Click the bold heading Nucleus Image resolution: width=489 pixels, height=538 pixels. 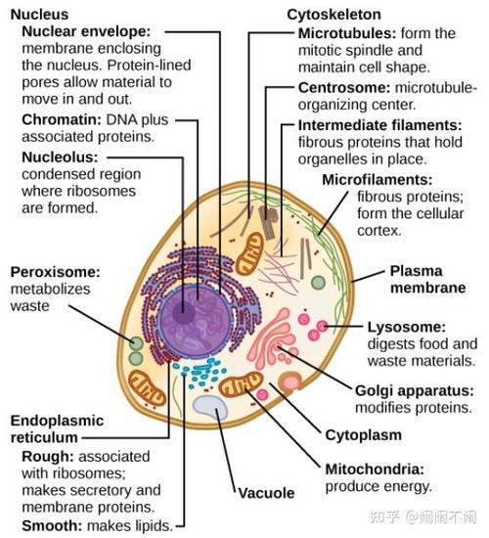point(39,15)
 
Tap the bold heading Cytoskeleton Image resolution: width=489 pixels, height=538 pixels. point(333,15)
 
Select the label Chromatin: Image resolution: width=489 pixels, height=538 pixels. point(62,119)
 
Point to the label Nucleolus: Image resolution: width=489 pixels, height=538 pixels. point(60,157)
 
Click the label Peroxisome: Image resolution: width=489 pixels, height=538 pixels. point(55,272)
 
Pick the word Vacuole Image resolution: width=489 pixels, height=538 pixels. point(266,493)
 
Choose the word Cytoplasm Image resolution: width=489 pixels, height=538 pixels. point(364,435)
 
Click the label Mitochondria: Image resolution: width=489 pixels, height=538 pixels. point(375,469)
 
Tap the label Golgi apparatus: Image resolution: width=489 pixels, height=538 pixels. point(415,391)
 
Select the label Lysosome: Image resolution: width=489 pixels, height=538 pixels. point(407,327)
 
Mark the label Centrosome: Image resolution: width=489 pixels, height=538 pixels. point(344,88)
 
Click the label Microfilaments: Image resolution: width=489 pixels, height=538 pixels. point(378,180)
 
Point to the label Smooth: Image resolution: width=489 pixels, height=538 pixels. point(52,525)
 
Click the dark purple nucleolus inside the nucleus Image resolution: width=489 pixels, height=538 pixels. point(184,313)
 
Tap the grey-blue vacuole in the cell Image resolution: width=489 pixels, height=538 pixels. point(210,407)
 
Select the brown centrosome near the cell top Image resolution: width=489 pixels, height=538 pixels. point(268,221)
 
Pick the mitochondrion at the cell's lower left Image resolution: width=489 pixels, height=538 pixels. point(147,387)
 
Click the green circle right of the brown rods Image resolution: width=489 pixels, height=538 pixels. point(318,283)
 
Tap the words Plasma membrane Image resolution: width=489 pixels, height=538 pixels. point(428,280)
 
